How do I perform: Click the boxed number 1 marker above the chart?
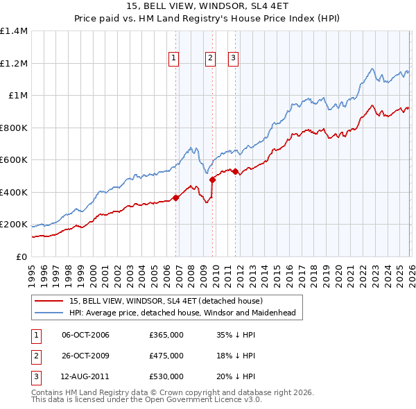point(173,58)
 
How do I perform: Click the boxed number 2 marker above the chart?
point(209,58)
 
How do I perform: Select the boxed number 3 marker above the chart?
point(233,58)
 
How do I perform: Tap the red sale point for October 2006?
point(176,198)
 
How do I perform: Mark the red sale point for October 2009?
point(213,180)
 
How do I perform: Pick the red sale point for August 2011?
point(235,171)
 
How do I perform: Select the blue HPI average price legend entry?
point(182,313)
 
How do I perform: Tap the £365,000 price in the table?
point(166,336)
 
